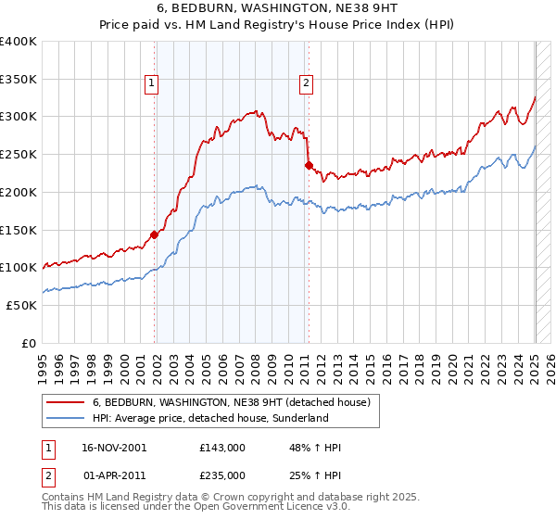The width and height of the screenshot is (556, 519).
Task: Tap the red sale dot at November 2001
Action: click(155, 234)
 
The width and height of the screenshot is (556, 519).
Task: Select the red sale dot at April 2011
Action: click(309, 166)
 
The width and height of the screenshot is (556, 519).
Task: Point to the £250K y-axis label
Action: click(19, 155)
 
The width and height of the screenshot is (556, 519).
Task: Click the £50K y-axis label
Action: click(21, 305)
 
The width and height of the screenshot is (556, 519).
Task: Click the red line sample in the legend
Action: click(66, 402)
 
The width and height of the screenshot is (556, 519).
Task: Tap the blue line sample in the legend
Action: click(66, 418)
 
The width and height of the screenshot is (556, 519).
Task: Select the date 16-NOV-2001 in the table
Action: click(114, 448)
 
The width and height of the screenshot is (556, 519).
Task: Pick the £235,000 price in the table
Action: click(221, 475)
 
